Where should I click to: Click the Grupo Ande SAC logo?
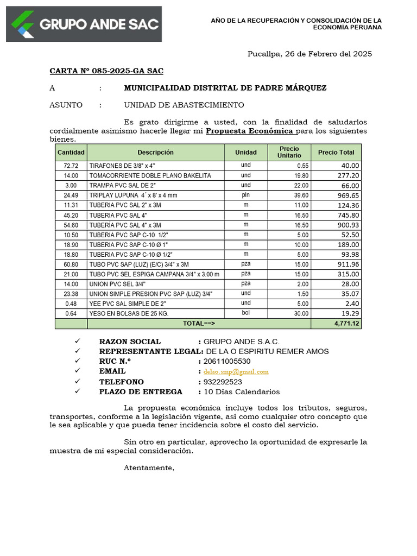tap(84, 24)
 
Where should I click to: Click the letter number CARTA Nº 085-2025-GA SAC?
tap(106, 71)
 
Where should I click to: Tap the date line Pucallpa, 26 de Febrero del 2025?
tap(309, 54)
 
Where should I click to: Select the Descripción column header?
tap(155, 153)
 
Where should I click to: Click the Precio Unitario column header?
tap(289, 152)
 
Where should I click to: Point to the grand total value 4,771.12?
tap(346, 324)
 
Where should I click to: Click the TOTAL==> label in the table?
tap(199, 324)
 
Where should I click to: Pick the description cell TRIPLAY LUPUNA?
tap(133, 195)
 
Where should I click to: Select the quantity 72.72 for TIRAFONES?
tap(71, 166)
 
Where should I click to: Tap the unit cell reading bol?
tap(246, 313)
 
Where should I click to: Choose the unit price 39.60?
tap(300, 195)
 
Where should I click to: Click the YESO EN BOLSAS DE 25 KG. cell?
tap(129, 314)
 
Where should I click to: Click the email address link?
tap(236, 371)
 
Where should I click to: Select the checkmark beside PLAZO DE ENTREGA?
tap(77, 391)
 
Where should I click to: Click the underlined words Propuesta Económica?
tap(250, 131)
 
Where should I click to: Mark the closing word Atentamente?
tap(149, 468)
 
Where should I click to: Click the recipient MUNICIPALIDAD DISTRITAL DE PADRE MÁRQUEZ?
tap(225, 88)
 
